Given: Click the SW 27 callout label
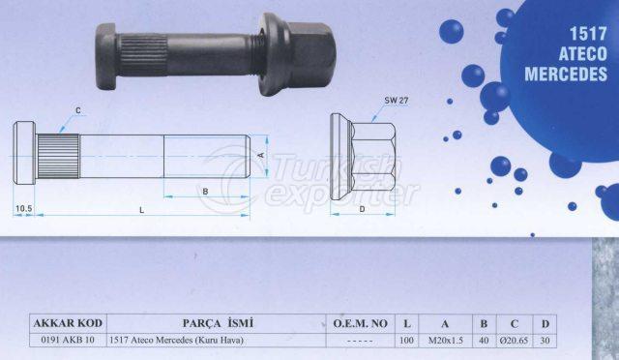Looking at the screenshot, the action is (397, 101).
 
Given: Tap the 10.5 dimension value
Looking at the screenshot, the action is (23, 208).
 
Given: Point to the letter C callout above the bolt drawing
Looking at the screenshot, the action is (77, 110).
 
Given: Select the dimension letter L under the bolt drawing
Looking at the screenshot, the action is (141, 210).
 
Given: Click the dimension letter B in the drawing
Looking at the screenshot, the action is (205, 192).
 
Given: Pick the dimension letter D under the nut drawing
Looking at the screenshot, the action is (362, 209).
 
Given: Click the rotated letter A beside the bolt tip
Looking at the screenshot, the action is (260, 155).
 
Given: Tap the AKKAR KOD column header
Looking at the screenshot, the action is (68, 323).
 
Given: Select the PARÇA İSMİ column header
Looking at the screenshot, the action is (217, 323).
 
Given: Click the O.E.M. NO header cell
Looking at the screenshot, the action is (361, 323).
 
